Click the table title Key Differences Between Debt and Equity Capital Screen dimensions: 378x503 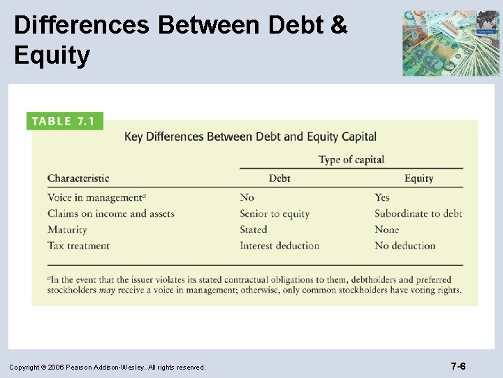(250, 136)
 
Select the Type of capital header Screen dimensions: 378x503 (351, 160)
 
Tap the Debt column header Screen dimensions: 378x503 (279, 178)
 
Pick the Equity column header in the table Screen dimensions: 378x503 (418, 178)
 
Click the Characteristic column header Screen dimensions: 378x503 (78, 178)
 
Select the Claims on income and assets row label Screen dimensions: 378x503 (110, 213)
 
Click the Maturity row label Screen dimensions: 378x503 (67, 230)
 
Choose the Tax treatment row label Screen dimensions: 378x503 (78, 246)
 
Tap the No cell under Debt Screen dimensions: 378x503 (247, 197)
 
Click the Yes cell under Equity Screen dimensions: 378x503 (382, 197)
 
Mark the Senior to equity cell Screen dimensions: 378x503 (275, 213)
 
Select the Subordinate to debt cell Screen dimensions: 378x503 (418, 213)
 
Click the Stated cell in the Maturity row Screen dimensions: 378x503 (254, 230)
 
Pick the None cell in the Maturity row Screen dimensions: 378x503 (387, 230)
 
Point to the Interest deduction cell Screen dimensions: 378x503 (279, 246)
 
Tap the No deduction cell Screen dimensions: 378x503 (404, 246)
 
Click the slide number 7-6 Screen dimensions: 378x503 (458, 366)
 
